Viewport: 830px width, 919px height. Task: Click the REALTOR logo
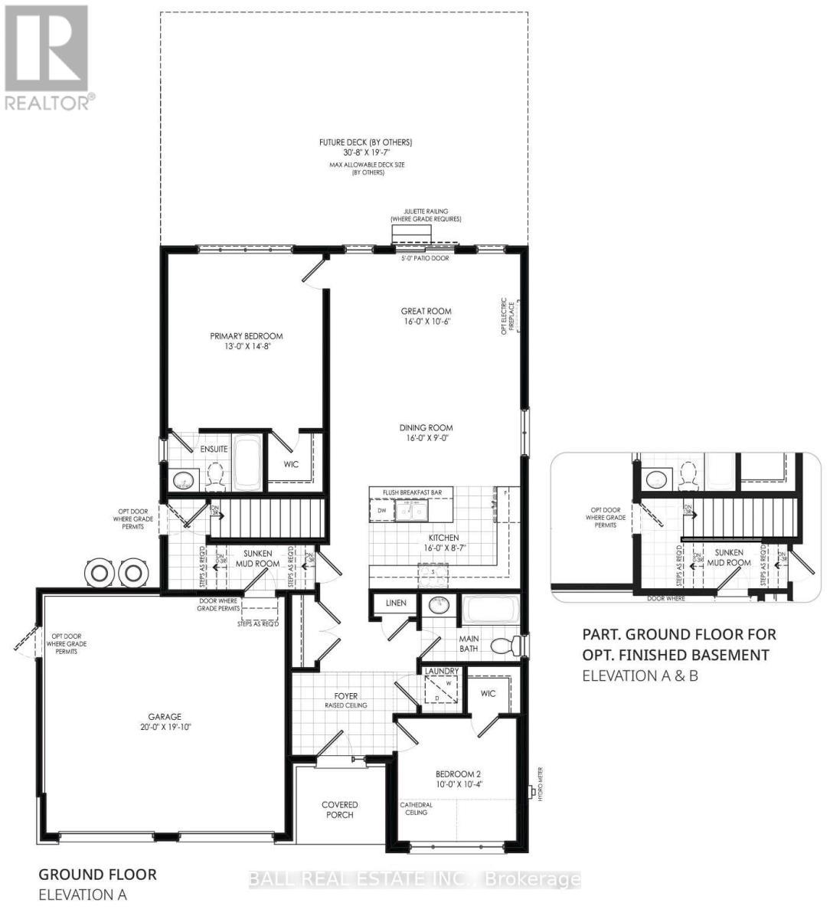[47, 57]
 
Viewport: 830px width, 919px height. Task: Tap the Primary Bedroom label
[247, 341]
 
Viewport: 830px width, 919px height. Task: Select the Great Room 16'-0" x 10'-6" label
[426, 316]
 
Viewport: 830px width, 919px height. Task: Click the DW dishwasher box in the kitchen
[381, 510]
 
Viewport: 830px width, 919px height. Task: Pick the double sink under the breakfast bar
[411, 510]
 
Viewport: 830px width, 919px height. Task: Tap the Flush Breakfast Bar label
[411, 492]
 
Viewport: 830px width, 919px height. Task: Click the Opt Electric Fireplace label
[504, 316]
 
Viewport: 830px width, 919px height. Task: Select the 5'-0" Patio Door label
[425, 258]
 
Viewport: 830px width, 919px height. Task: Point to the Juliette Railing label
[425, 215]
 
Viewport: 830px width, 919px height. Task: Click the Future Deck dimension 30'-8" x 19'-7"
[366, 152]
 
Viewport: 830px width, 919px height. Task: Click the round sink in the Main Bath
[440, 606]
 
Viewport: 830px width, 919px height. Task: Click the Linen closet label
[396, 603]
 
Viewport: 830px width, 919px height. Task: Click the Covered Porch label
[339, 809]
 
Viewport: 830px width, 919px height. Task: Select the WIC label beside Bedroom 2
[488, 693]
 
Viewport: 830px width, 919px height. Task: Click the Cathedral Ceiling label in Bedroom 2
[417, 808]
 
